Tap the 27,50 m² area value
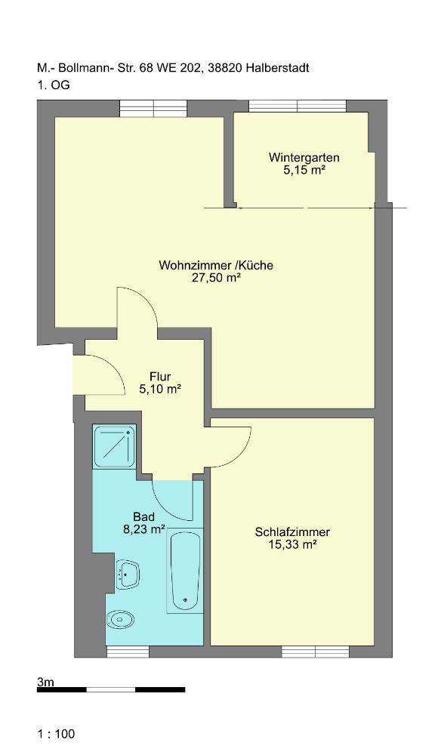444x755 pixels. coord(216,278)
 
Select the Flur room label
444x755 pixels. coord(160,377)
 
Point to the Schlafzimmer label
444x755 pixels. coord(292,532)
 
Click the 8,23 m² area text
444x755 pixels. coord(144,530)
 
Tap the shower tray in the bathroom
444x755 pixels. coord(115,447)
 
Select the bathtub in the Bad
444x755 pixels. coord(185,571)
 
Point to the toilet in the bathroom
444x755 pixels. coord(120,619)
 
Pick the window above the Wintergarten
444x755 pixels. coord(298,106)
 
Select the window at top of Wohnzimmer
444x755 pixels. coord(153,108)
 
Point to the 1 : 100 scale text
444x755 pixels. coord(57,734)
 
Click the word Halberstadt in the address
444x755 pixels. coord(277,68)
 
